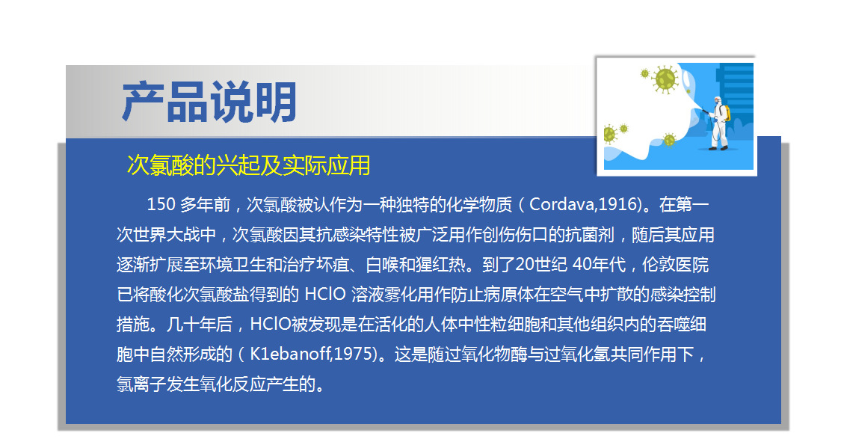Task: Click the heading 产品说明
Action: (x=209, y=102)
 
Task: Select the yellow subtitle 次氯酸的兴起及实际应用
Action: (x=248, y=165)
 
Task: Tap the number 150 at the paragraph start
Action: (x=161, y=204)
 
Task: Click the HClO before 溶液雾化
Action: (x=325, y=294)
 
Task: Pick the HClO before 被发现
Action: (x=271, y=324)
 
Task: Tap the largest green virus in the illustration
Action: (x=665, y=79)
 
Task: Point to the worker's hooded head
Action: (x=717, y=100)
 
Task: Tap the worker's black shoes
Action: (x=718, y=147)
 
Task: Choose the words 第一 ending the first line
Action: (x=692, y=204)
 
